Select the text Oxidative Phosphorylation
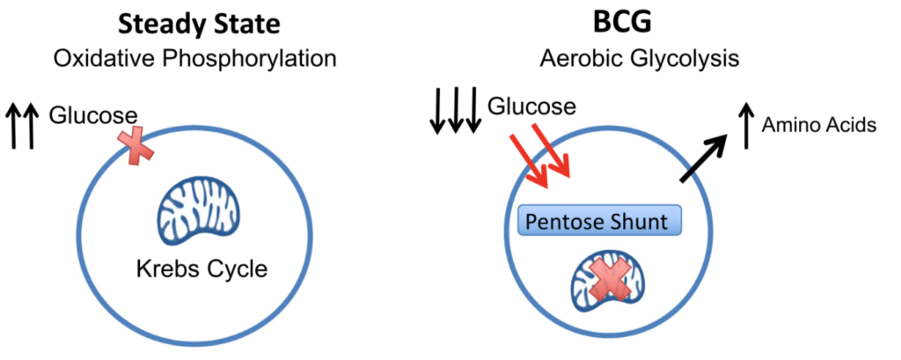coord(194,59)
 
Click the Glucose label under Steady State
coord(92,115)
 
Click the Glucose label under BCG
coord(531,107)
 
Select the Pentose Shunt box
coord(599,220)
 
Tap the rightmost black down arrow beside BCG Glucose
coord(473,110)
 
